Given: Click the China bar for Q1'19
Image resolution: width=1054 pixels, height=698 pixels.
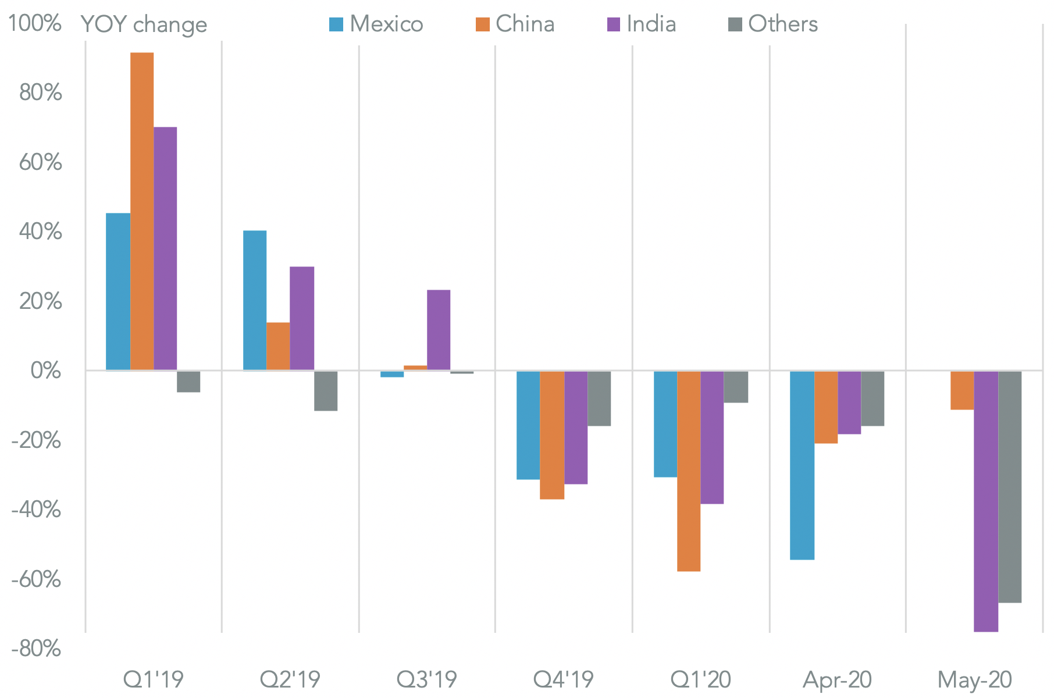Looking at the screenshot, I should coord(142,211).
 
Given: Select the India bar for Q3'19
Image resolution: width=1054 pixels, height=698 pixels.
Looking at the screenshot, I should coord(438,330).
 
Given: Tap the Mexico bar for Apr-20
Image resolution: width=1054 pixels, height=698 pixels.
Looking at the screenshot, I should coord(802,465).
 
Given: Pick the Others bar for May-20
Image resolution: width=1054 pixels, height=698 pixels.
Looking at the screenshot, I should coord(1009,487).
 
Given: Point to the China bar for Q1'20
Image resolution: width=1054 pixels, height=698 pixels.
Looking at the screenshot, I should coord(689,471).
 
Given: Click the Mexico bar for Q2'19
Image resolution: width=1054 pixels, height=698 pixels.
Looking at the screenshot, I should coord(255,300).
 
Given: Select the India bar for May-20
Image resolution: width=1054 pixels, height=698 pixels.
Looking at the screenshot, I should coord(986,501).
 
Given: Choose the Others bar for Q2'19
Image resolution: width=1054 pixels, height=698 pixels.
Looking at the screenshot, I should coord(326,391).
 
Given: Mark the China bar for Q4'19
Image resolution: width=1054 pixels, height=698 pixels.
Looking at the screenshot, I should coord(552,435).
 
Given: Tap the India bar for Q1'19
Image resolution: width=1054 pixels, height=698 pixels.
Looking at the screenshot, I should coord(165,248).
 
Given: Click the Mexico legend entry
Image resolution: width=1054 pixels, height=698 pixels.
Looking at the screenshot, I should coord(376,24).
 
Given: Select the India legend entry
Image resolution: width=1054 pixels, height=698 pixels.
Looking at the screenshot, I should coord(641,24).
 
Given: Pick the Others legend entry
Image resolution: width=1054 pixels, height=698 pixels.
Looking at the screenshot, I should coord(773,24).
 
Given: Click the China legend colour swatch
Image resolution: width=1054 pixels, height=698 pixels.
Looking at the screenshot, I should coord(482,24).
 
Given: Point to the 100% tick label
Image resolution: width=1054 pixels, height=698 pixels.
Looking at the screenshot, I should coord(35,24).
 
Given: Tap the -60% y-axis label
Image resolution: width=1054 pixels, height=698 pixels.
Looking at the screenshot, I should coord(36,579).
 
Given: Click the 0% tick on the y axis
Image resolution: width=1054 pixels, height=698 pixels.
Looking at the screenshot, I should coord(45,371).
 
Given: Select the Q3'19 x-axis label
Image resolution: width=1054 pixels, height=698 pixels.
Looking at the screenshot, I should coord(426,679).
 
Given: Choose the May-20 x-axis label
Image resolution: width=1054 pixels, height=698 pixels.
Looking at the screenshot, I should coord(974,679).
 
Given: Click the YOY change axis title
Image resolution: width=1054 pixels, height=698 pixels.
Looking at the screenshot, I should coord(144,24).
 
